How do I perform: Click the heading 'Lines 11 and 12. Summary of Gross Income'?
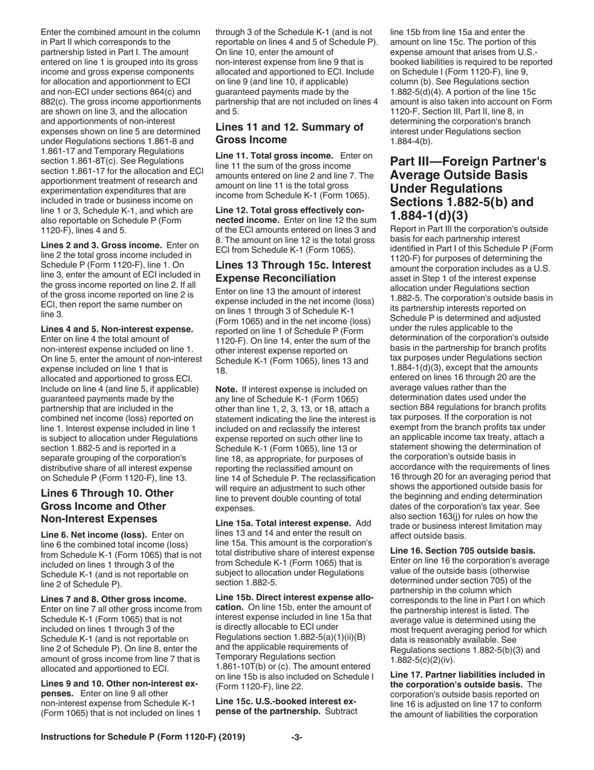(x=289, y=133)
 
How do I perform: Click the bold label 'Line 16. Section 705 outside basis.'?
(x=463, y=551)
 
